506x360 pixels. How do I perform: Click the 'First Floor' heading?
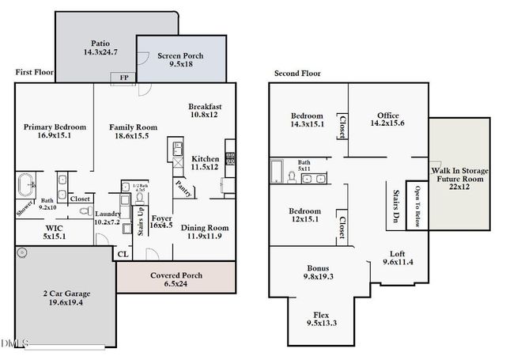click(x=34, y=72)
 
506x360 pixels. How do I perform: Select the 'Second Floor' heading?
click(x=297, y=74)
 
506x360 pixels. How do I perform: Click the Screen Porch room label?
click(x=182, y=60)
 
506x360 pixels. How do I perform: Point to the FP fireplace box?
click(x=124, y=78)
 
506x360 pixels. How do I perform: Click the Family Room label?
click(x=133, y=131)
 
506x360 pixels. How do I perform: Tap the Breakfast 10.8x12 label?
click(x=205, y=111)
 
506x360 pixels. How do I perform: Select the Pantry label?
click(x=184, y=188)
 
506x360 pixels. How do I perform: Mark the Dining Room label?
click(x=205, y=232)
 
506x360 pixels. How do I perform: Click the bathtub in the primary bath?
click(x=25, y=186)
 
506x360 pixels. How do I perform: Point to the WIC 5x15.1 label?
click(x=55, y=231)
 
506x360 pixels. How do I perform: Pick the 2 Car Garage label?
click(x=64, y=297)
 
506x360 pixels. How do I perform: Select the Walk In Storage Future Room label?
click(x=460, y=179)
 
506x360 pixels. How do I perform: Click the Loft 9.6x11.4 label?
click(x=398, y=257)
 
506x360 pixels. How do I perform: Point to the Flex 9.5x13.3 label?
click(x=321, y=318)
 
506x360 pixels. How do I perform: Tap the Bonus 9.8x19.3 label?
click(x=319, y=272)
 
